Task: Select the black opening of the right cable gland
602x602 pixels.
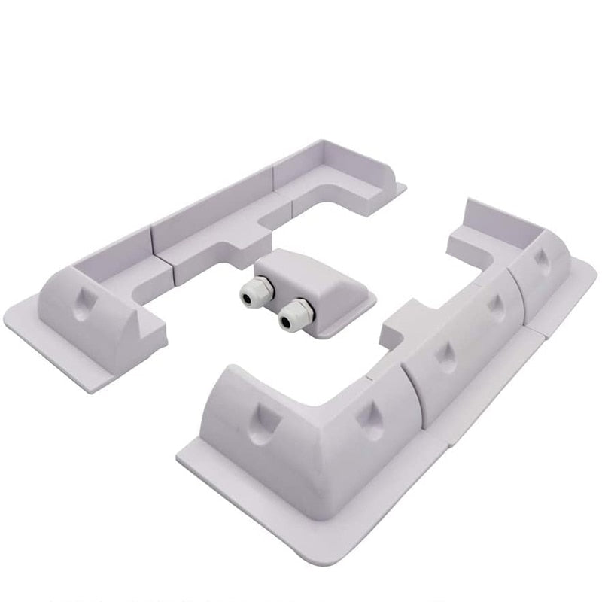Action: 287,323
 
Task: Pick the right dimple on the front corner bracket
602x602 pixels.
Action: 371,418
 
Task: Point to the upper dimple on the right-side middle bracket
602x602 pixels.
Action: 496,306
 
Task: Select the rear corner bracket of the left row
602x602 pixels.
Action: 331,177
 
